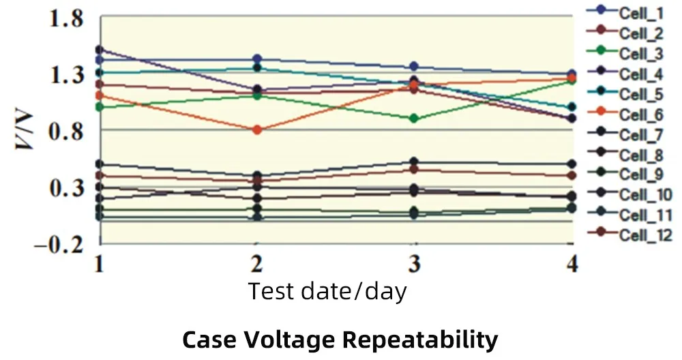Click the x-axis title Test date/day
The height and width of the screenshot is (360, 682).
click(327, 291)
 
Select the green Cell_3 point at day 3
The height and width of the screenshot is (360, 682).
click(413, 118)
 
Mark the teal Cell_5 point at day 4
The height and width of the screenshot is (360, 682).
click(572, 107)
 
